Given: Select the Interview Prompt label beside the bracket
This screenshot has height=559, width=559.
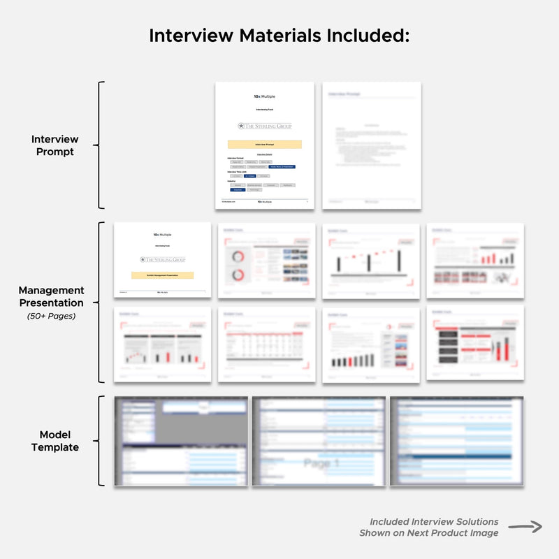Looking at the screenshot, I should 55,145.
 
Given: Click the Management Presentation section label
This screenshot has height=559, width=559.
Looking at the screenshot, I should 51,296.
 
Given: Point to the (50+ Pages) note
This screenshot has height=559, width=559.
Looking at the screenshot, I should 52,317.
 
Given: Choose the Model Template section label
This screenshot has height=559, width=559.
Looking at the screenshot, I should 55,441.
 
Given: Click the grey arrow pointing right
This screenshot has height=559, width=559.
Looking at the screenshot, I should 525,527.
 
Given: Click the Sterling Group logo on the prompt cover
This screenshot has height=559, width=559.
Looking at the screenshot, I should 265,126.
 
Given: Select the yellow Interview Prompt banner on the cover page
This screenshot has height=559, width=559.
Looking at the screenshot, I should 265,144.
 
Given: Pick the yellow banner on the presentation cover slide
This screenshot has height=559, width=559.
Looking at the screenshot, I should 162,275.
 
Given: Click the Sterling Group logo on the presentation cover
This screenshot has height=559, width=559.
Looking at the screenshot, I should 162,259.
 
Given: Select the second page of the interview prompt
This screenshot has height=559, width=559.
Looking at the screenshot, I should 371,145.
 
